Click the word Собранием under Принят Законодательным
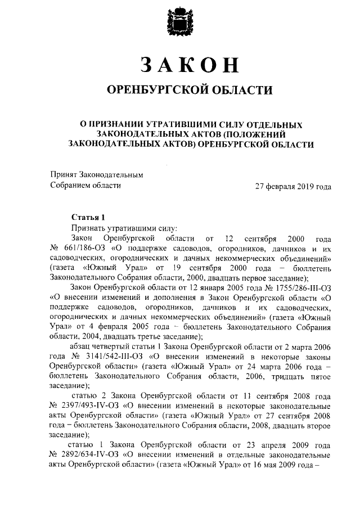coord(72,185)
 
